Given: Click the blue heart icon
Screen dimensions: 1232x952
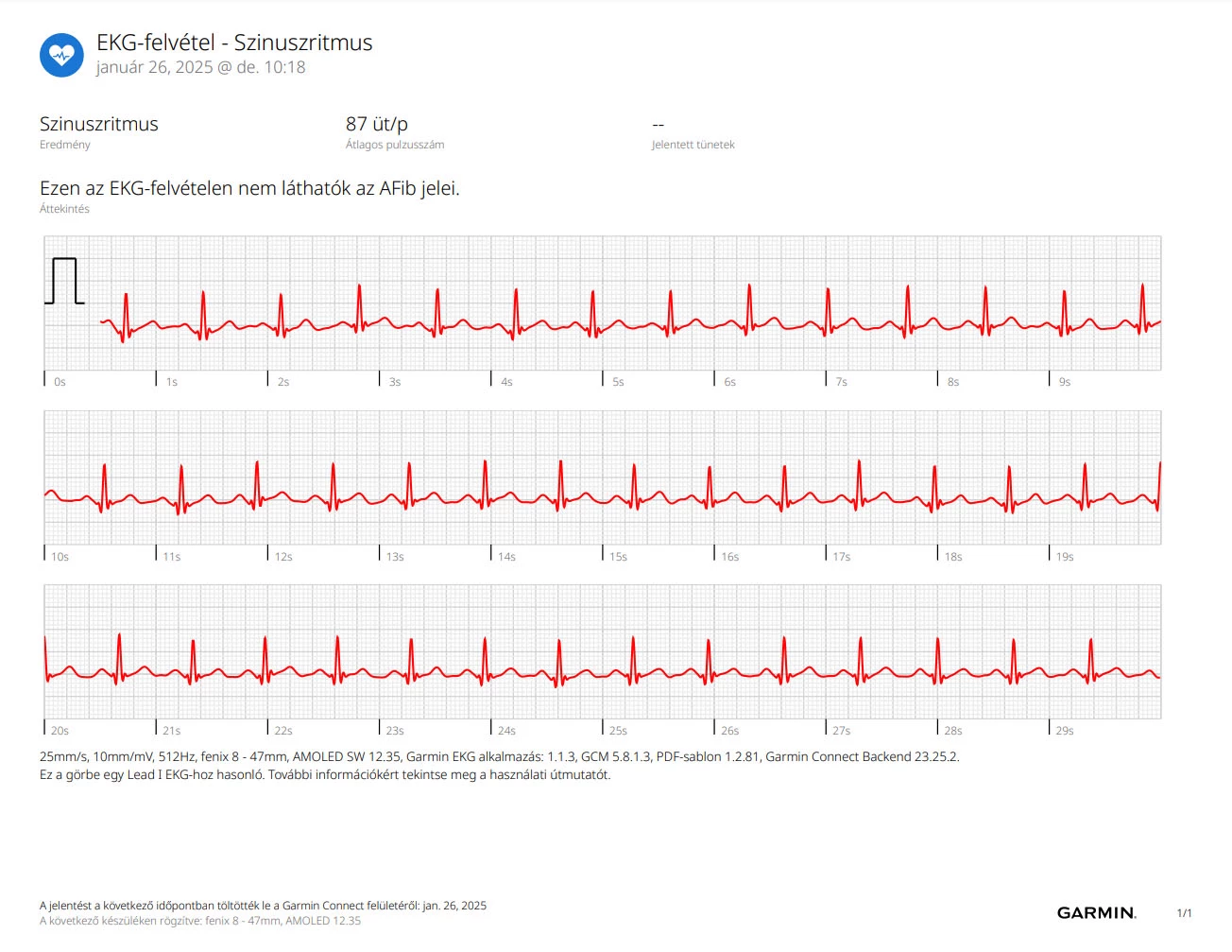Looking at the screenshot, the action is (61, 55).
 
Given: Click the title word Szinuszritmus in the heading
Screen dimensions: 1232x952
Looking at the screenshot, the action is (302, 43).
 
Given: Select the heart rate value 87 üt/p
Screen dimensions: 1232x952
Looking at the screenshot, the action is (376, 124).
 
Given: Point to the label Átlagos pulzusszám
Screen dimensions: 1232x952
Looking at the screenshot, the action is (395, 145).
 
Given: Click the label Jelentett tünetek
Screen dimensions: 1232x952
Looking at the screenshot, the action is (693, 145).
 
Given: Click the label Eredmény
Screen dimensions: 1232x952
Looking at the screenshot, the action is (64, 145).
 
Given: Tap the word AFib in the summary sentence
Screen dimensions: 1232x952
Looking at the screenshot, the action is (398, 188).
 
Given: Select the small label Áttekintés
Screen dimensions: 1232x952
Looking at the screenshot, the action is (64, 209).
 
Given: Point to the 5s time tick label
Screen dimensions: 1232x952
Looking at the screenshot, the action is (618, 382).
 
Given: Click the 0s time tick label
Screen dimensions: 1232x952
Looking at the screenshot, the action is (60, 382).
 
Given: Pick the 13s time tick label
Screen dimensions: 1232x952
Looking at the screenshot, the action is (395, 557).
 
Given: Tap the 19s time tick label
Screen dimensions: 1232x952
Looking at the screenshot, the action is (1064, 557).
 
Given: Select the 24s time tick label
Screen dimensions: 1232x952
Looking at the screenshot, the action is (506, 731).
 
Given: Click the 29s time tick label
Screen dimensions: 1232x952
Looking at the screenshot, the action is (1064, 731).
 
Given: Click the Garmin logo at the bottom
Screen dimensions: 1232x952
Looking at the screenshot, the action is (1097, 913).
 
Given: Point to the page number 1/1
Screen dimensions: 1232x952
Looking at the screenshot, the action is (1184, 913).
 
